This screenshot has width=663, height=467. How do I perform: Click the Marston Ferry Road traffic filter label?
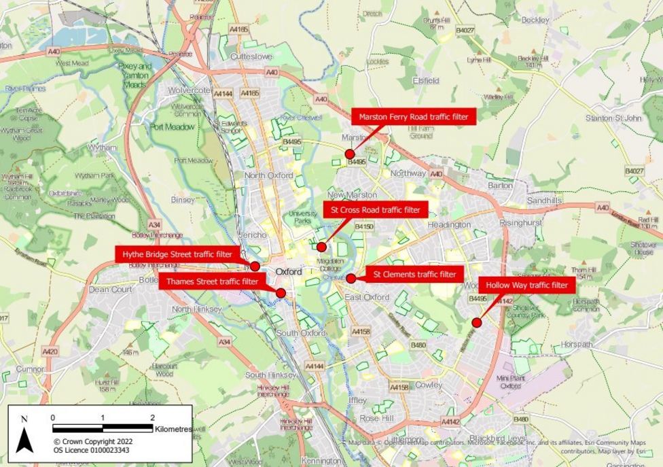[x=414, y=117]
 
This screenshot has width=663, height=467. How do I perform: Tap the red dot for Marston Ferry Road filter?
[x=350, y=154]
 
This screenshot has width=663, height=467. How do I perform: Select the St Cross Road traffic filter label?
[x=376, y=210]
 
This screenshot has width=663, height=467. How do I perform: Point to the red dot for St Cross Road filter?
[x=322, y=247]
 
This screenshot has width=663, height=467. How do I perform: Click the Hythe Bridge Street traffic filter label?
[x=177, y=254]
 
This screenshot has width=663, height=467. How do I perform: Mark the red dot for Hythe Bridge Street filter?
[x=255, y=266]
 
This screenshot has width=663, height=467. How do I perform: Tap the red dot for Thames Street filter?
[x=281, y=292]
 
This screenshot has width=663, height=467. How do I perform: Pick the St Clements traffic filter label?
[x=414, y=275]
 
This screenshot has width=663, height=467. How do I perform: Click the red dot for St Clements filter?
[x=351, y=278]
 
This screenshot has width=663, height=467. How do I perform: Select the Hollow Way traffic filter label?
[x=527, y=286]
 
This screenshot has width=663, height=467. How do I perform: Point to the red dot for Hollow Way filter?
[x=477, y=322]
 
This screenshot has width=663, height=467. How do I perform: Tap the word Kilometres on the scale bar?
[x=173, y=430]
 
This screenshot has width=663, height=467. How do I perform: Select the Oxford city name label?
[x=289, y=272]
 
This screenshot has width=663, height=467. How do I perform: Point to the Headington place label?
[x=449, y=225]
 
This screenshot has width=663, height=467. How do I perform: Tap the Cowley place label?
[x=429, y=385]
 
